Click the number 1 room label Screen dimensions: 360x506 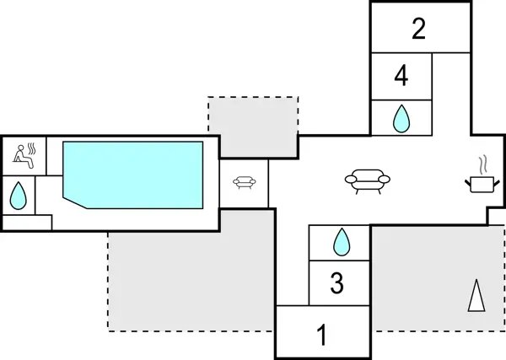321,335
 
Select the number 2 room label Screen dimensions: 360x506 419,30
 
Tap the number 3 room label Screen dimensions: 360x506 336,283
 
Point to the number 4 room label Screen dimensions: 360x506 401,77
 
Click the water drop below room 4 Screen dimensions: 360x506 401,119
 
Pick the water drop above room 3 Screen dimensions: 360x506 341,243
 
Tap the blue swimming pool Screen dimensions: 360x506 135,173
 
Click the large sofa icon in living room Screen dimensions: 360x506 367,180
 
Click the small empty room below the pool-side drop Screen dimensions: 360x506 26,223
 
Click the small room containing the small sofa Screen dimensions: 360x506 245,196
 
